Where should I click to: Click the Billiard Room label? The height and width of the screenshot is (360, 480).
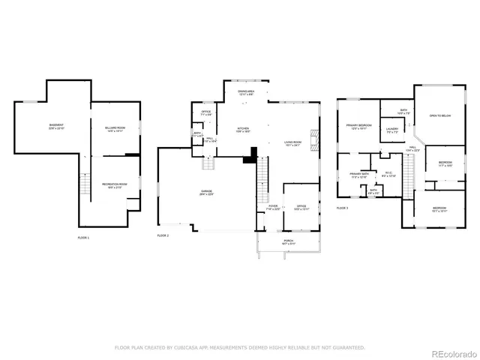point(115,129)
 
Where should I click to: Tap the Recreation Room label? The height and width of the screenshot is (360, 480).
point(115,184)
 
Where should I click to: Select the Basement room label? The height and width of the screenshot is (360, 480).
point(56,125)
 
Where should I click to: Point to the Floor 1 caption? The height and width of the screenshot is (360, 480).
point(83,238)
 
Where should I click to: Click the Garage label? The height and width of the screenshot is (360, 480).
point(206,193)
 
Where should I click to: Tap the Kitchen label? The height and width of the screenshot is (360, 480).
point(244,129)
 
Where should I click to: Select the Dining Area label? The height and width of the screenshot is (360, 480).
point(246,92)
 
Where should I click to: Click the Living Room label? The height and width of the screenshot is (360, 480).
point(292,142)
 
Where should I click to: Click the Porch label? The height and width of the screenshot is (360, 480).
point(289,242)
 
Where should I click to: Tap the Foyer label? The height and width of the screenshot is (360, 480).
point(273,207)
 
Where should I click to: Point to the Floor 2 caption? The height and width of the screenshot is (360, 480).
point(163,235)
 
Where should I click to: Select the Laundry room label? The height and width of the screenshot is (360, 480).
point(391,129)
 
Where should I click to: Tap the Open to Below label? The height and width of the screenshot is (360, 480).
point(439,115)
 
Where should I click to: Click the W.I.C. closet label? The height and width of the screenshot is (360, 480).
point(388,174)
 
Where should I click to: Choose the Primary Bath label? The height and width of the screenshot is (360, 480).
point(359,175)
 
